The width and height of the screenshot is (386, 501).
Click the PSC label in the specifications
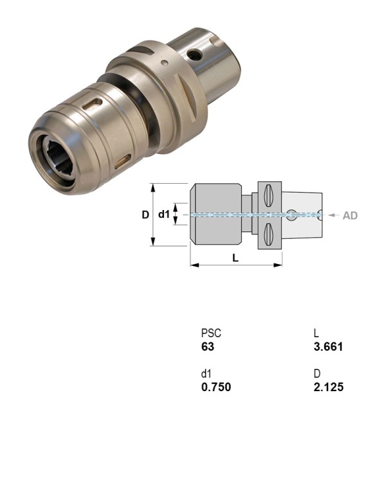click(x=211, y=333)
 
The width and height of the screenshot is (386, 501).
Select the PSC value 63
click(x=207, y=347)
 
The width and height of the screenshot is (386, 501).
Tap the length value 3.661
click(x=328, y=347)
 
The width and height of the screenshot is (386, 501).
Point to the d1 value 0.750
click(x=216, y=387)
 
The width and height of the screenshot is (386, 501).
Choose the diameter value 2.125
click(x=328, y=387)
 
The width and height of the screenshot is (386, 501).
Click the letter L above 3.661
click(x=317, y=333)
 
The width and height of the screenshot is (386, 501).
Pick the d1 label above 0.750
click(x=207, y=374)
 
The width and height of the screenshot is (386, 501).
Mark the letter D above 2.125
click(x=317, y=374)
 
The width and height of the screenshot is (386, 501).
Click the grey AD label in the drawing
click(x=350, y=216)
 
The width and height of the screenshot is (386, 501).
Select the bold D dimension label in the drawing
click(x=145, y=215)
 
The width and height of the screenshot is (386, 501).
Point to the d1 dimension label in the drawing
click(x=164, y=215)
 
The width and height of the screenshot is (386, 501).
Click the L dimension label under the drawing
click(x=235, y=257)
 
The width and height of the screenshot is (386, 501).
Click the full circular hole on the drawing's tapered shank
click(x=293, y=216)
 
